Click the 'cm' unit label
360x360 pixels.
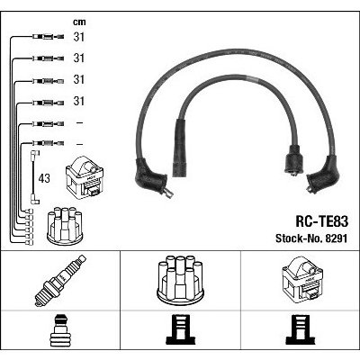79,22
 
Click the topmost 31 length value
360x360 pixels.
79,37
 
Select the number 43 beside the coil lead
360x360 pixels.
44,178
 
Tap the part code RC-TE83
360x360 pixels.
322,221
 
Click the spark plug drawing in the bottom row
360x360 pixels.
60,280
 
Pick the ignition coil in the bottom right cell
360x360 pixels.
302,279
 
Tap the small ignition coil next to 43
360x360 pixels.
85,179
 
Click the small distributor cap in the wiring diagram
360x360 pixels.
65,226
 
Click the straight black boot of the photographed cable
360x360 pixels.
179,148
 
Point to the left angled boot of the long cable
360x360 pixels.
151,178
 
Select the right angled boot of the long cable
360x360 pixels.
323,175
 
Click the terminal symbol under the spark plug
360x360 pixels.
60,329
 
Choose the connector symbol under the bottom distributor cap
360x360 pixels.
181,329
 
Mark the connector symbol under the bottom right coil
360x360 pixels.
301,329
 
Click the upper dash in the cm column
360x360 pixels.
79,122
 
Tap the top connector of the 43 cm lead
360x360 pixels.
35,154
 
